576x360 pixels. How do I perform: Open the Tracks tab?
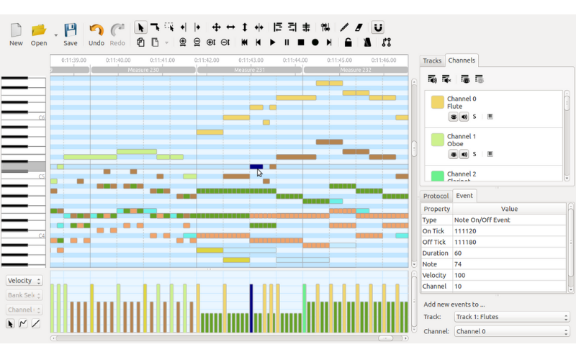[432, 60]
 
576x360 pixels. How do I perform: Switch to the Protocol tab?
[436, 196]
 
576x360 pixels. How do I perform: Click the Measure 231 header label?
[250, 71]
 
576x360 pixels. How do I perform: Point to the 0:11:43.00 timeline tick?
[250, 60]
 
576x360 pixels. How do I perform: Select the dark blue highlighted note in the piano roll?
[256, 167]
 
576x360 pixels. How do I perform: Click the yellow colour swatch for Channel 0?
[437, 102]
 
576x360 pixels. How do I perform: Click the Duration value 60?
[458, 253]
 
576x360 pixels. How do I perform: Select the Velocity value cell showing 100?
[460, 275]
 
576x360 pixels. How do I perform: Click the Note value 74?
[458, 264]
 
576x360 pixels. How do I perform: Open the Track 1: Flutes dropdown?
[511, 317]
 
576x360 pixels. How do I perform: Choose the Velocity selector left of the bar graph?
[24, 281]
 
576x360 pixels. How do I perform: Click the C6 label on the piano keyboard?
[42, 117]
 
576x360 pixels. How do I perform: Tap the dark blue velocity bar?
[251, 308]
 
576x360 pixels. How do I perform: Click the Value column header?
[509, 209]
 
